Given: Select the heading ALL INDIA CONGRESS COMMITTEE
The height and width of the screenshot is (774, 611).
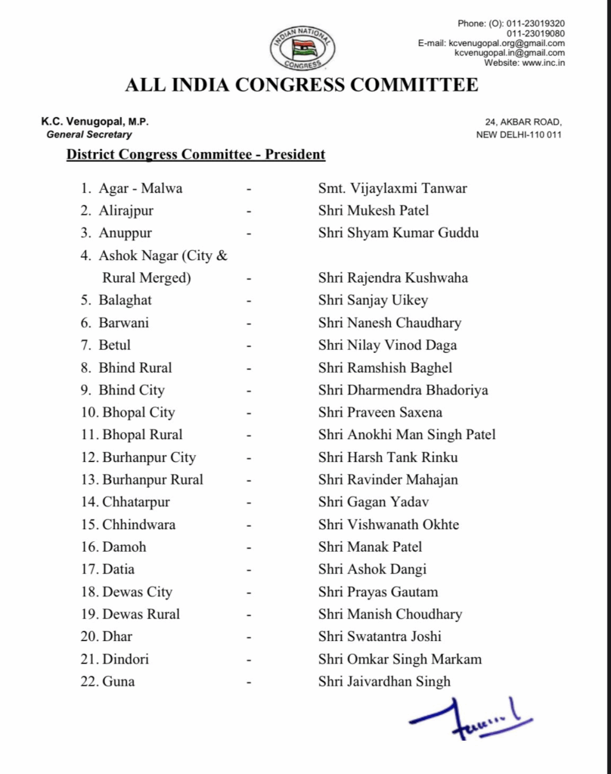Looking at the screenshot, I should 302,85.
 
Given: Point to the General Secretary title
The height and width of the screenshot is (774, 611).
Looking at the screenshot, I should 89,135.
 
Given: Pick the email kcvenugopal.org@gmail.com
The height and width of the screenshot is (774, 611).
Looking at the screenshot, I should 509,43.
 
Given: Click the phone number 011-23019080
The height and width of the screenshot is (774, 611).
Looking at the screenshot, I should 535,33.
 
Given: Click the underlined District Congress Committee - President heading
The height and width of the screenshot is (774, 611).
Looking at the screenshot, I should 196,155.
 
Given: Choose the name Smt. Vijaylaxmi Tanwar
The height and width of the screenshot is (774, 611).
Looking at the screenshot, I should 392,188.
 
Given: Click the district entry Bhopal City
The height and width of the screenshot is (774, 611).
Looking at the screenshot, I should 138,412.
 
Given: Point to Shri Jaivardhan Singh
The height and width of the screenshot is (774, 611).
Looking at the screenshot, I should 384,681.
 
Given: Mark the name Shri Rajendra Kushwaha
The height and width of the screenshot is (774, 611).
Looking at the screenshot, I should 392,277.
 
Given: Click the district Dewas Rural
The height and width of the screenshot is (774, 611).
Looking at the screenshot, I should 141,614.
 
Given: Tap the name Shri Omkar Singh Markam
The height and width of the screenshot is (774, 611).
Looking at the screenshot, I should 399,658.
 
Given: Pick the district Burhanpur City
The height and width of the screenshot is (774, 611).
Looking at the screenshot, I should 149,457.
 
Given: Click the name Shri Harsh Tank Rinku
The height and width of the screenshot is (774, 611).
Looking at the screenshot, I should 387,457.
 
